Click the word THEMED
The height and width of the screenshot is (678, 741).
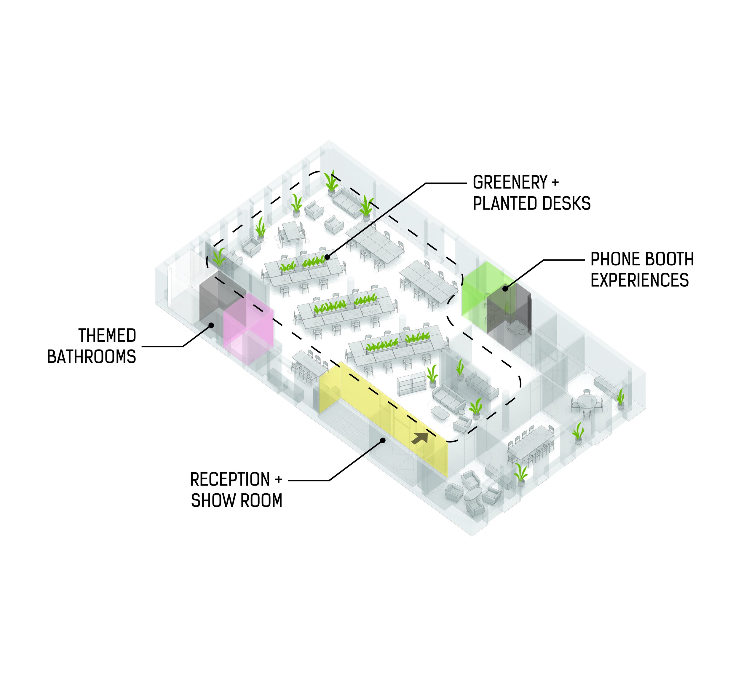pyautogui.click(x=107, y=336)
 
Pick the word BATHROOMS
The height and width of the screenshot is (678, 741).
pyautogui.click(x=92, y=357)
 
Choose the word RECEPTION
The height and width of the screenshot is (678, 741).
pyautogui.click(x=230, y=480)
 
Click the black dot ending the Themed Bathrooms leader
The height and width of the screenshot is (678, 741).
pyautogui.click(x=211, y=325)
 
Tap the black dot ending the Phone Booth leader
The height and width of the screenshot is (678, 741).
pyautogui.click(x=505, y=289)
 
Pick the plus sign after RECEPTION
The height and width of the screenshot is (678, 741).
pyautogui.click(x=278, y=480)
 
